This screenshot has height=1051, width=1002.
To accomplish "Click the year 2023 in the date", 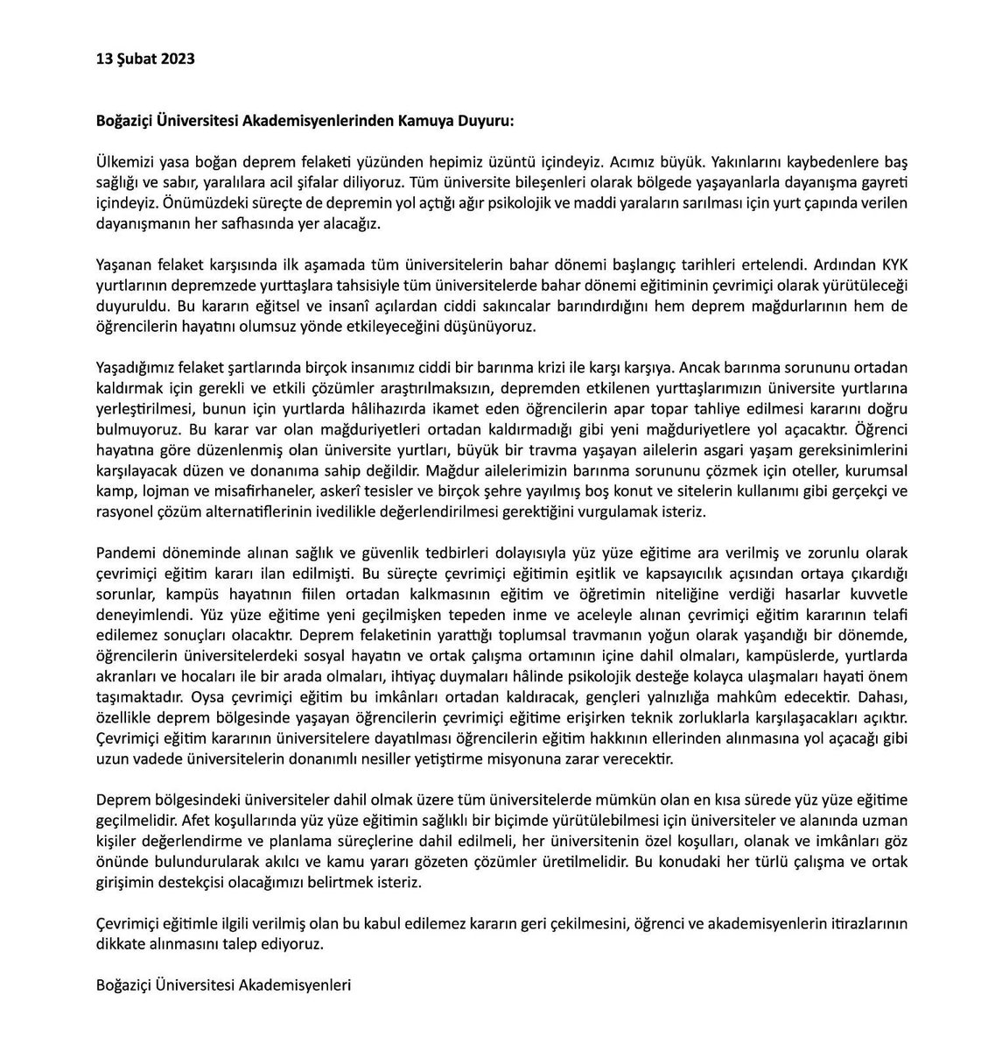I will point(177,60).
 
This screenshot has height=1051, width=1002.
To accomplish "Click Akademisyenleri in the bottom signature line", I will point(298,984).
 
